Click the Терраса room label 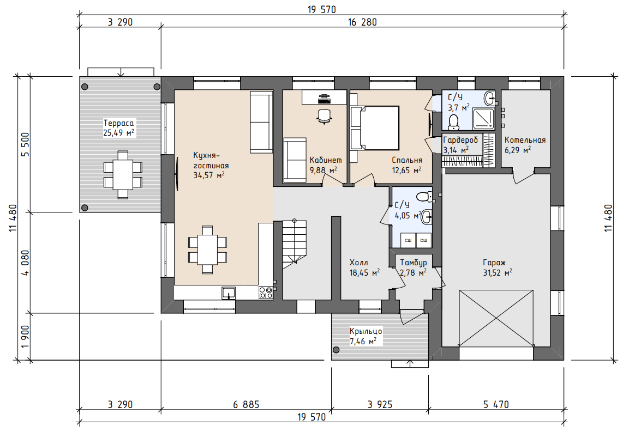click(x=118, y=123)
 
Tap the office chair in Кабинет click(x=325, y=116)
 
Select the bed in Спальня click(x=375, y=127)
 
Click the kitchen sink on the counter click(x=229, y=293)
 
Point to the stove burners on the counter click(x=266, y=293)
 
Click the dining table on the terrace click(x=123, y=174)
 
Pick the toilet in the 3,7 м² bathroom click(x=453, y=122)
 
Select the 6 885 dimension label click(x=247, y=405)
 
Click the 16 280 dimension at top click(x=362, y=22)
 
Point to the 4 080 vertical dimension click(x=25, y=263)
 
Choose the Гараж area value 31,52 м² click(x=498, y=272)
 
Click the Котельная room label click(x=525, y=140)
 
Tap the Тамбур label click(x=413, y=263)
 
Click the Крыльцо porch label click(x=366, y=331)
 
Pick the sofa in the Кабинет click(x=295, y=160)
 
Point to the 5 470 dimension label click(x=496, y=405)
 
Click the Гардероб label click(x=460, y=140)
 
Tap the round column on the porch click(x=336, y=350)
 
